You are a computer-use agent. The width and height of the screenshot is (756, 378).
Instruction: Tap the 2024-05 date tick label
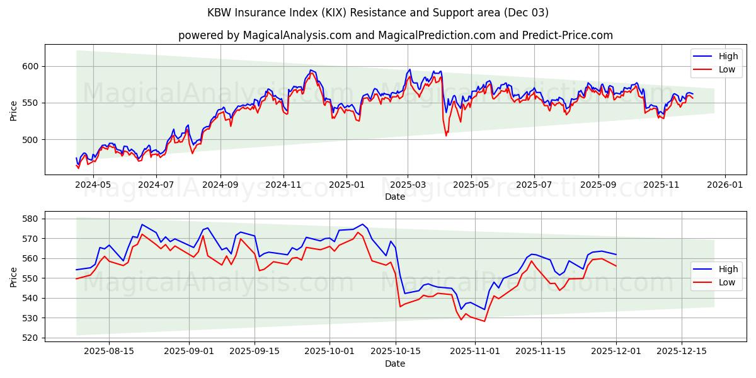click(93, 185)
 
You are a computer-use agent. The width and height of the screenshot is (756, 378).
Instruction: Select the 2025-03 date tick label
click(408, 185)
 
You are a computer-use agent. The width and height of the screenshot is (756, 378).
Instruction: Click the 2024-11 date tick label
click(283, 185)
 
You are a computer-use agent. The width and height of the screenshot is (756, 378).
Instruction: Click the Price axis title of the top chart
click(13, 110)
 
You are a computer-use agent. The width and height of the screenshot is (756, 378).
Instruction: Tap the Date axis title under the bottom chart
click(395, 364)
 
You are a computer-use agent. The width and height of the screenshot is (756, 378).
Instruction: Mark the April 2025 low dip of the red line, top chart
click(446, 135)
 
